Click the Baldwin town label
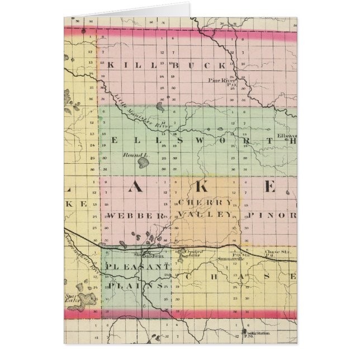[x=146, y=255]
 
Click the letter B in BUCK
[x=175, y=64]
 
